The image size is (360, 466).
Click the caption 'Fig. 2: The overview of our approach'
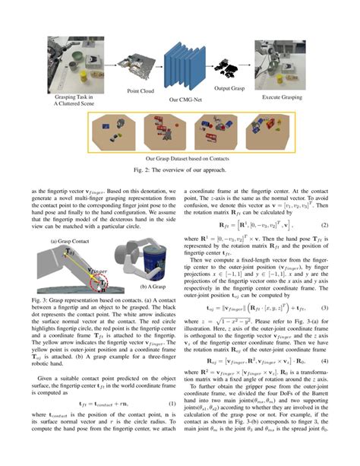[x=180, y=171]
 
